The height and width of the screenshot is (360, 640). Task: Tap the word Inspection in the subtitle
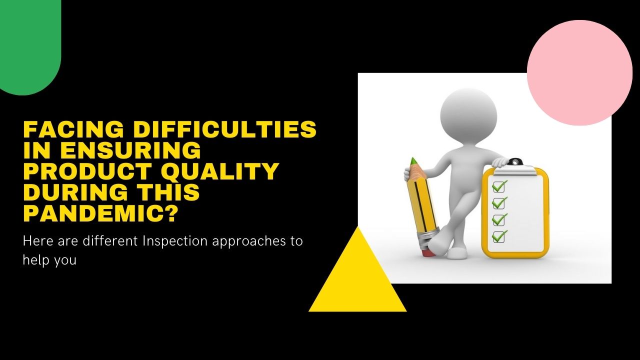point(175,240)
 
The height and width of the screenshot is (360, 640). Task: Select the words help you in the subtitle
point(49,260)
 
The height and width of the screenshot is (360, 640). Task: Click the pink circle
point(579,73)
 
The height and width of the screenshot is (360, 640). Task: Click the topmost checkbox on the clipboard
point(498,186)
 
